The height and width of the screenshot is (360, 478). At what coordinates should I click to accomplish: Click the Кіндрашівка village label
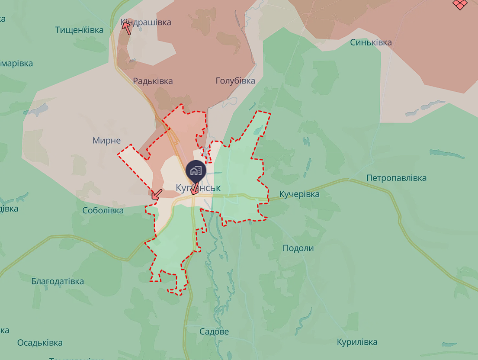[146, 22]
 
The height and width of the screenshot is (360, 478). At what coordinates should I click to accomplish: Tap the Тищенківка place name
[80, 30]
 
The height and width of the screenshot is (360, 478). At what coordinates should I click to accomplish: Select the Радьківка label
[153, 81]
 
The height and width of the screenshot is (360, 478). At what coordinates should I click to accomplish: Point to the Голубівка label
[235, 80]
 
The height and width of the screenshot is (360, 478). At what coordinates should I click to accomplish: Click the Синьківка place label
[371, 42]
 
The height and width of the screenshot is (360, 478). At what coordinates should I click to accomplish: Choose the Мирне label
[106, 140]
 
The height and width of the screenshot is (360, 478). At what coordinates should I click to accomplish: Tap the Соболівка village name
[103, 210]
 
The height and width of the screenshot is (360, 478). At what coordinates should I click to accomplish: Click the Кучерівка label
[299, 194]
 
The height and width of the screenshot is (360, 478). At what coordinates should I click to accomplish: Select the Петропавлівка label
[396, 178]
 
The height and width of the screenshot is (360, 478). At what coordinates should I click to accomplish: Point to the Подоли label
[298, 248]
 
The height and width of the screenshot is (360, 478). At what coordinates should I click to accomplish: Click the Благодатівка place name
[58, 281]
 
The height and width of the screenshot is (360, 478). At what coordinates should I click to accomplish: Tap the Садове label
[214, 332]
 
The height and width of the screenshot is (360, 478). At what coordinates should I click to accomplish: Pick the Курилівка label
[357, 342]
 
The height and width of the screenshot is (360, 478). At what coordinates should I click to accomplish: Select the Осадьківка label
[40, 343]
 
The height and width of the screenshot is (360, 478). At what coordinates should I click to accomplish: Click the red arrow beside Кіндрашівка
[126, 28]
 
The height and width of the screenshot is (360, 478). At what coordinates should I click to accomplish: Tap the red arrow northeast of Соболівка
[157, 194]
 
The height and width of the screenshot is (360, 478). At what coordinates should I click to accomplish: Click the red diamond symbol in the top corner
[461, 4]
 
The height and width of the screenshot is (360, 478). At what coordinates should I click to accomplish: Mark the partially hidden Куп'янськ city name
[198, 188]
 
